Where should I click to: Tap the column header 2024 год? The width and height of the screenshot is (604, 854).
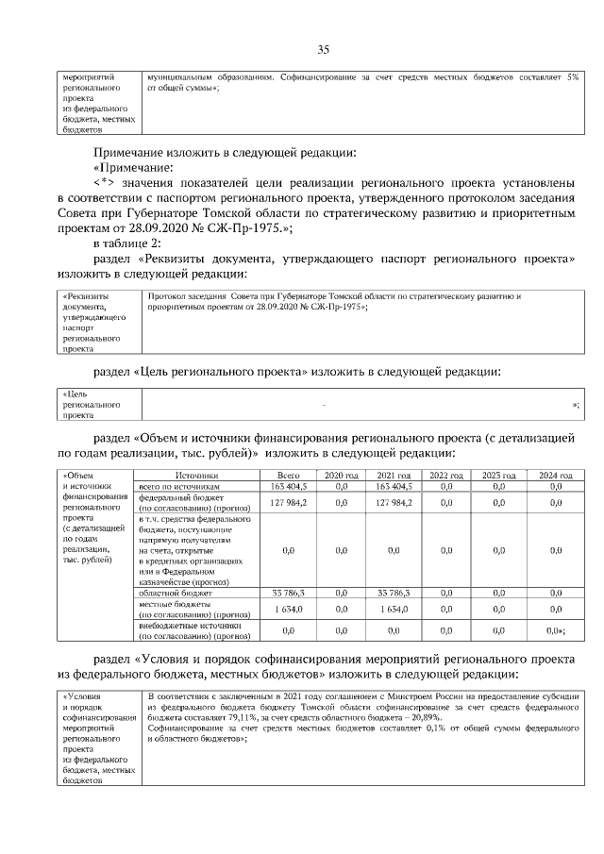[555, 476]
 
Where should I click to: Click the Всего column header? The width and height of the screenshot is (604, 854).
[288, 476]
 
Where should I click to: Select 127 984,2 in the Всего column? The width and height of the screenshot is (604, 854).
[288, 503]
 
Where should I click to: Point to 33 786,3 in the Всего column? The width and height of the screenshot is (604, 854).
[288, 593]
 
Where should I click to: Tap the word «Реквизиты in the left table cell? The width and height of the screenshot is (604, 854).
[86, 295]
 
